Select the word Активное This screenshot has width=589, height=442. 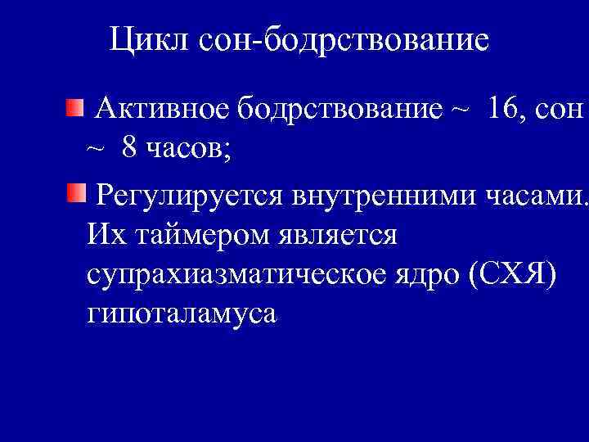pos(164,108)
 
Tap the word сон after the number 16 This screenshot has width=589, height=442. pos(560,109)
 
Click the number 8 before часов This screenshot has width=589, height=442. pos(129,147)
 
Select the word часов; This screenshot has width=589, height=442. pos(189,148)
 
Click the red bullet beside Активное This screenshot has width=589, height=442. pos(75,106)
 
